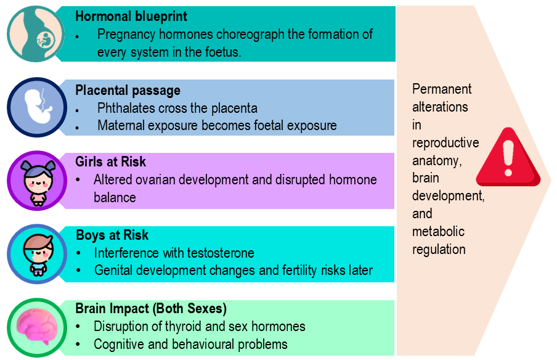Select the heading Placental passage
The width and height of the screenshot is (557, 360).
point(128,91)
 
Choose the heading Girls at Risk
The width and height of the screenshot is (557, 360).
point(111,162)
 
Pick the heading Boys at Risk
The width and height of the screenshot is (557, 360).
point(112,235)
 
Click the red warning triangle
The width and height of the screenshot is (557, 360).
point(508,159)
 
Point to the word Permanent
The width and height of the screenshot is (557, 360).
point(442,89)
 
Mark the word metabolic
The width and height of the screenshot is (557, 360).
point(438,232)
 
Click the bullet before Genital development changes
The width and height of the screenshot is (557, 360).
point(79,271)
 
